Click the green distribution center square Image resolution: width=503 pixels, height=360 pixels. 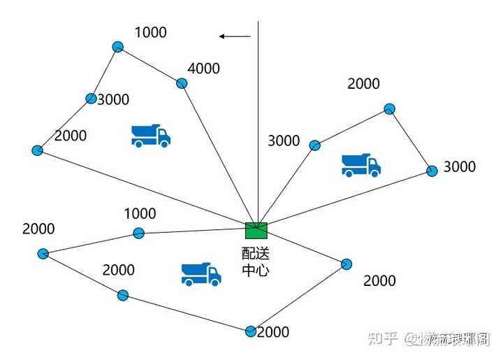tap(256, 229)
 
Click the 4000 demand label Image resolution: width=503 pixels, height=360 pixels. tap(203, 69)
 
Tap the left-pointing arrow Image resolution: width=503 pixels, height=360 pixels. tap(234, 36)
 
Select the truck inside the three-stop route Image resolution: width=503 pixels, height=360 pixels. tap(360, 165)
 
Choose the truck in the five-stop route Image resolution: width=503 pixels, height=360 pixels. tap(201, 274)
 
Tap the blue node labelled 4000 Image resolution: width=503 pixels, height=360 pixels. tap(182, 83)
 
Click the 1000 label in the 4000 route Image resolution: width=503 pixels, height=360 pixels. tap(150, 32)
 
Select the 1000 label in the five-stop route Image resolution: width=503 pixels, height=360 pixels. tap(140, 214)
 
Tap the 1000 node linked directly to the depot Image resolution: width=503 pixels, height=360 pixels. tap(138, 233)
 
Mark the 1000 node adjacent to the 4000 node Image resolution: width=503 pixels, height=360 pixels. tap(117, 47)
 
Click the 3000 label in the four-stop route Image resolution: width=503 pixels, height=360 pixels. tap(113, 99)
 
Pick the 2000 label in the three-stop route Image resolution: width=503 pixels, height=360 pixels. tap(363, 84)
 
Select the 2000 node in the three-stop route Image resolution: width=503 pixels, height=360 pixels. tap(390, 108)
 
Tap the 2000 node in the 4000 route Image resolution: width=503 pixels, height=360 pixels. tap(38, 150)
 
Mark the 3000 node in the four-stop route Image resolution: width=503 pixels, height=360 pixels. tap(90, 99)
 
